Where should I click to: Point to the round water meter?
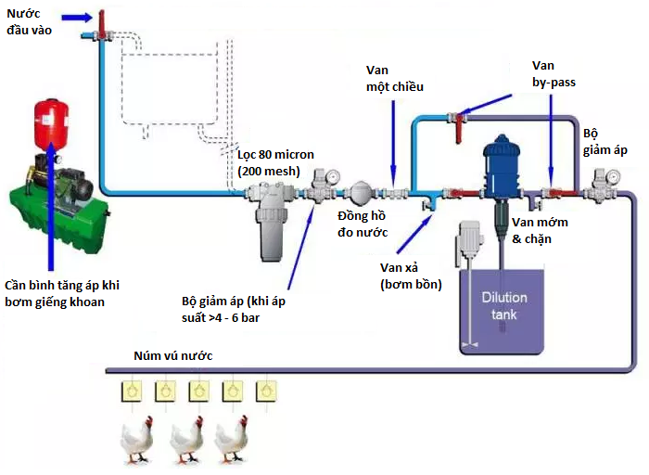(360, 192)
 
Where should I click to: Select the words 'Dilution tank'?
(503, 305)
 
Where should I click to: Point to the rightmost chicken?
(232, 441)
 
